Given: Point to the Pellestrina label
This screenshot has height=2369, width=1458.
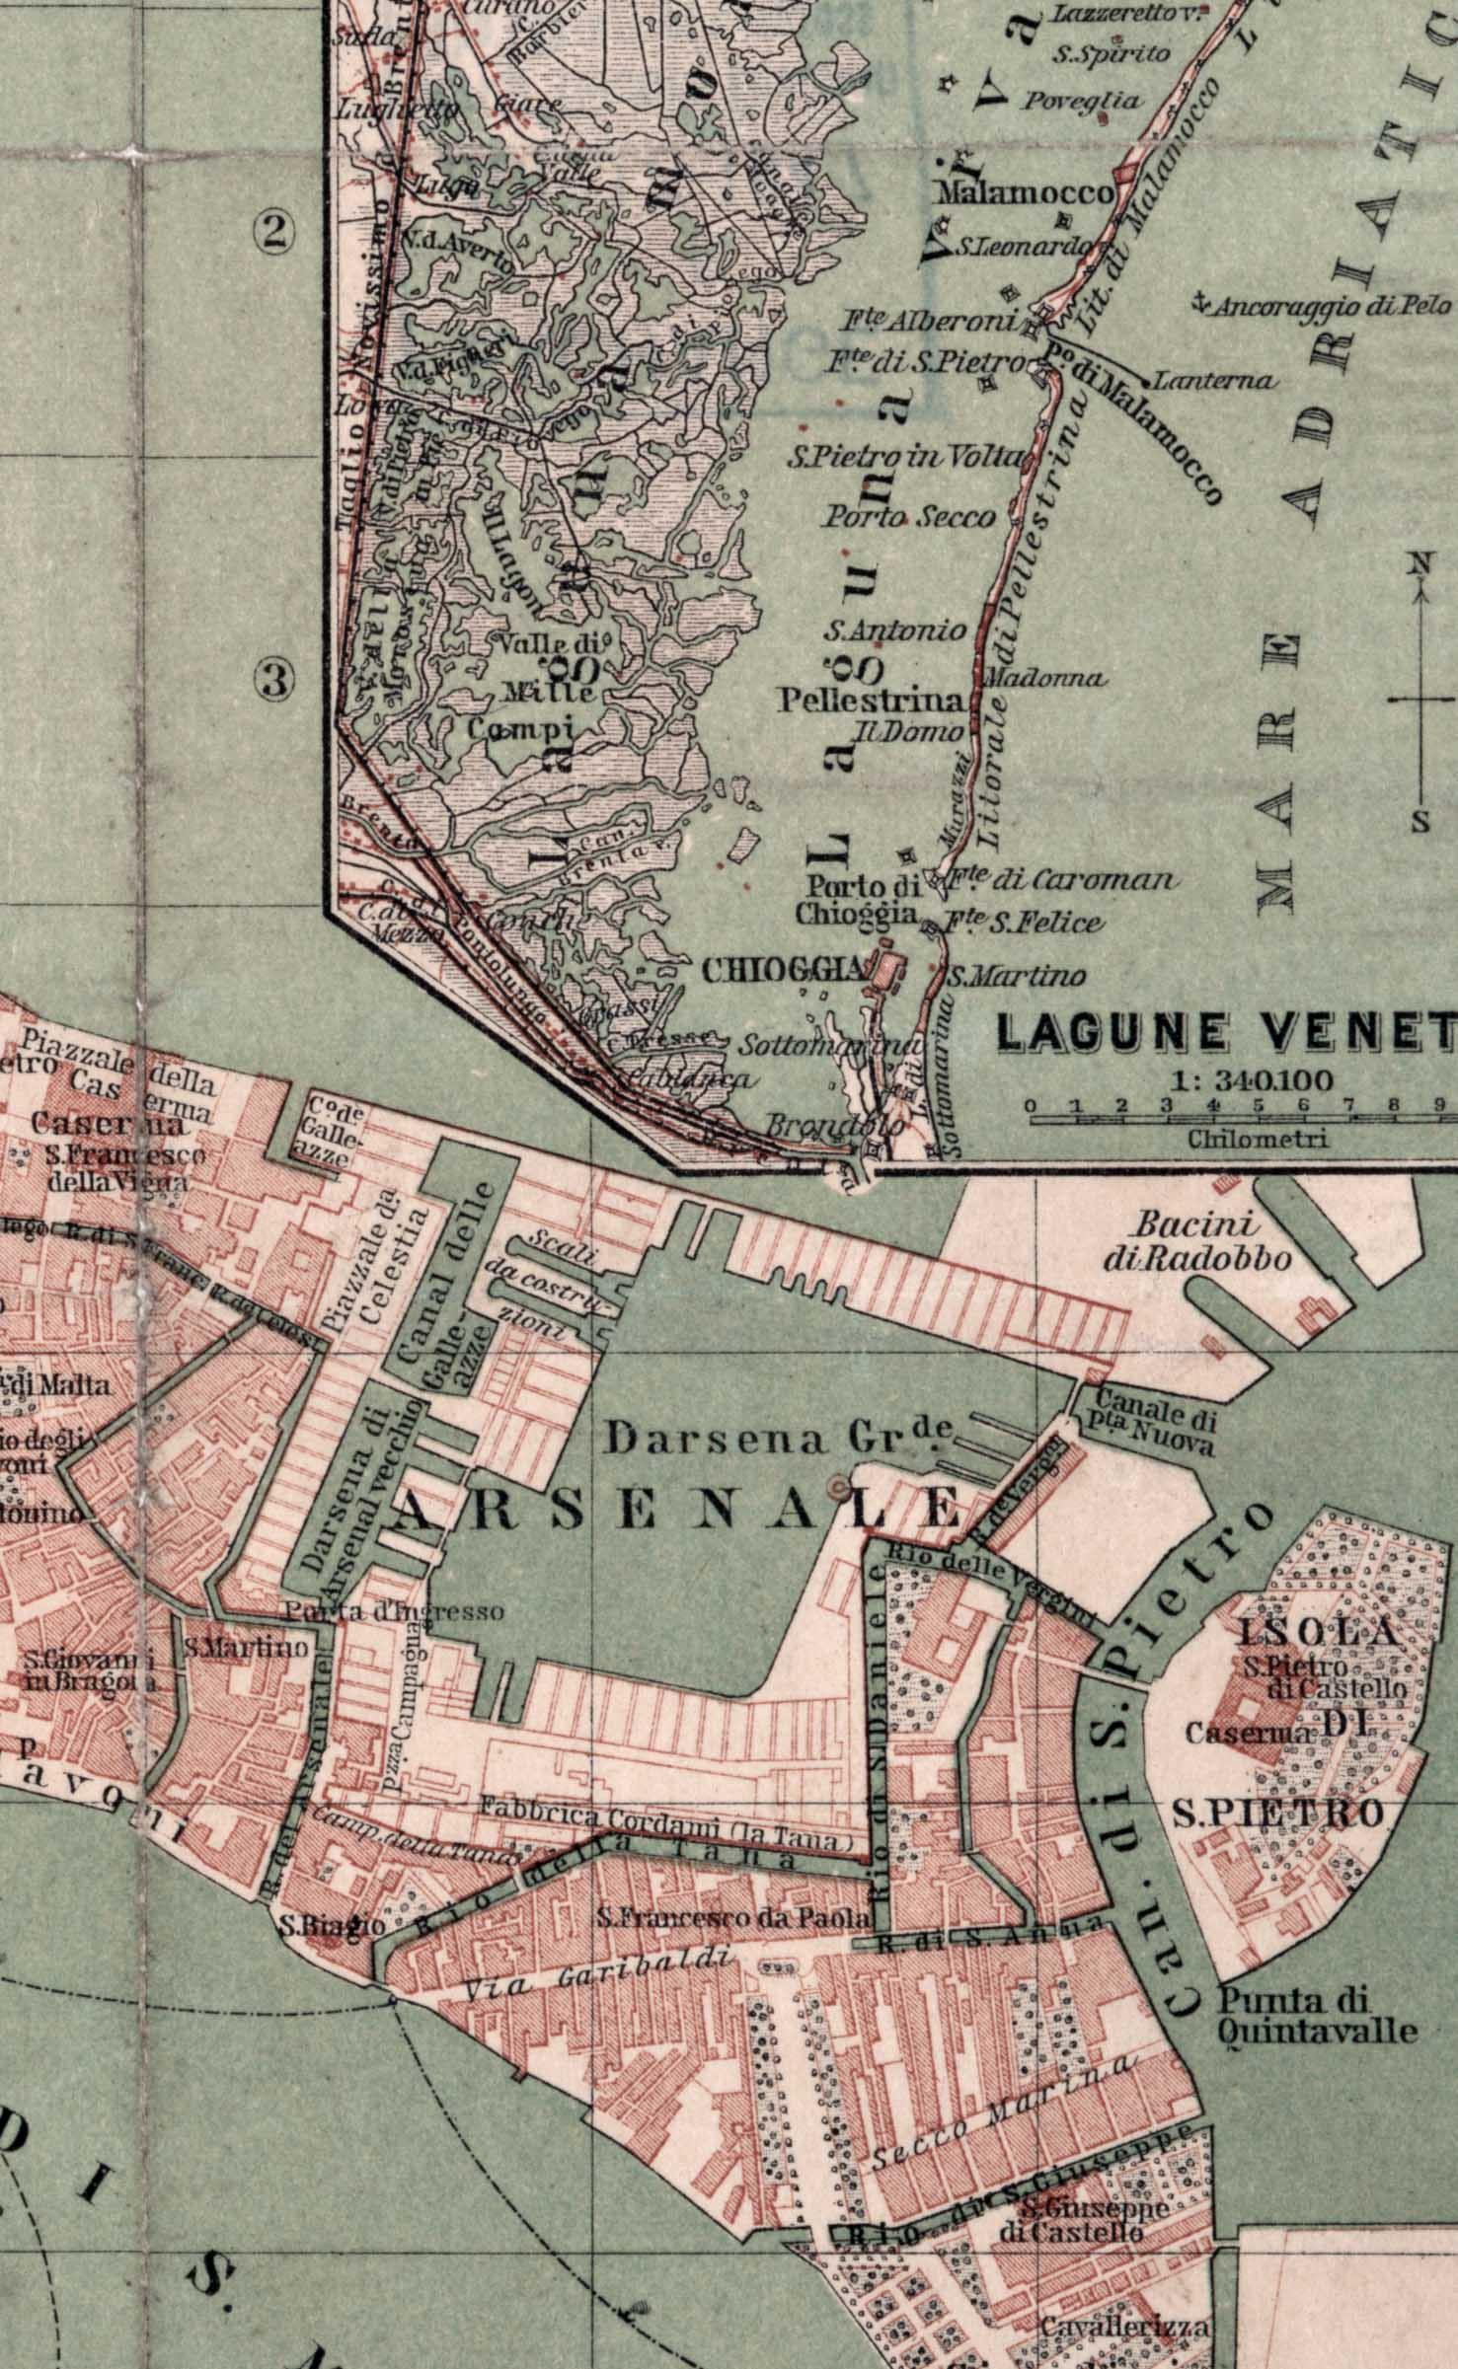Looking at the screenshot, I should click(x=870, y=702).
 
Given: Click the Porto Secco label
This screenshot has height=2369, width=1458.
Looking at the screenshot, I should click(x=908, y=516).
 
